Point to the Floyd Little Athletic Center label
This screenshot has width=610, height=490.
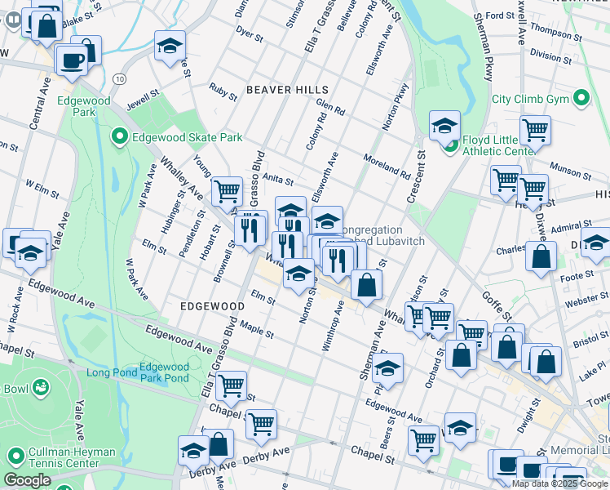(x=498, y=145)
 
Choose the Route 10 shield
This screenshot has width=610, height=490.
(x=120, y=78)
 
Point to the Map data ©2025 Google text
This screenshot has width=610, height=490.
(x=560, y=483)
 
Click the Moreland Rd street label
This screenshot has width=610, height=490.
(x=387, y=167)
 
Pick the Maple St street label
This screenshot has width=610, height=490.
(x=255, y=331)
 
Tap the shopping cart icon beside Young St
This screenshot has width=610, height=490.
(x=227, y=192)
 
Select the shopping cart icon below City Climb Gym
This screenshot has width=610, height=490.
(x=535, y=130)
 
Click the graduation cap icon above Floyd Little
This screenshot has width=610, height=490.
(x=444, y=126)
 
